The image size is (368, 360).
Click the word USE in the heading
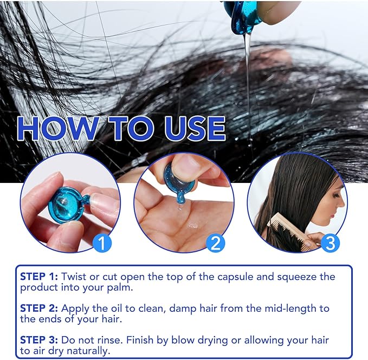point(195,128)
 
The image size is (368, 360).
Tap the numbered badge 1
point(102,244)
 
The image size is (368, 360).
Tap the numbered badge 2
point(216,243)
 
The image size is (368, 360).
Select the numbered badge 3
point(330,243)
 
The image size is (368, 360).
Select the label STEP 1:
point(39,277)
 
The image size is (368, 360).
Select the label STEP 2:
point(39,308)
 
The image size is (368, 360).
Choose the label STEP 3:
point(39,340)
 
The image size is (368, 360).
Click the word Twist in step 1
point(74,277)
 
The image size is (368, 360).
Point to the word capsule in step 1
point(235,277)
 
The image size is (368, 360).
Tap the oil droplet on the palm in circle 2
point(193,225)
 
